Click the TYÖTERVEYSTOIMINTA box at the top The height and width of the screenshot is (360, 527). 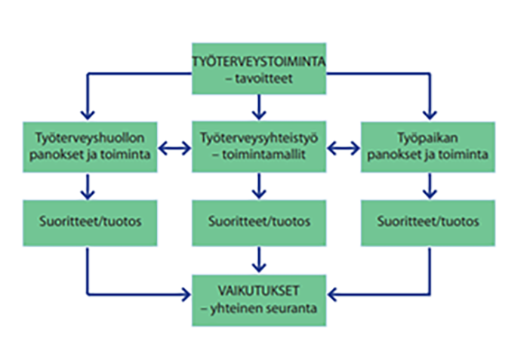point(259,72)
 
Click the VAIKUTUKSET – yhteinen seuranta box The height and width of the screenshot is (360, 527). point(259,300)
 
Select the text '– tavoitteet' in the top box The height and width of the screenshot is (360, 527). point(259,81)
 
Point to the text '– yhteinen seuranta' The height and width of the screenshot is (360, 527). point(259,309)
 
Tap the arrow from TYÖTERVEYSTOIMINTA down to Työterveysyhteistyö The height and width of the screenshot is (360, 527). point(259,108)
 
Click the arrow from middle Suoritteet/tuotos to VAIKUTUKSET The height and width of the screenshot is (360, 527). point(259,260)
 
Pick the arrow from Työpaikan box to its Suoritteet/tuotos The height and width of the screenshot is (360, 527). point(428,185)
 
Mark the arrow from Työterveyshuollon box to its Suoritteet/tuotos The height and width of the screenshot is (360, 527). point(90,185)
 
